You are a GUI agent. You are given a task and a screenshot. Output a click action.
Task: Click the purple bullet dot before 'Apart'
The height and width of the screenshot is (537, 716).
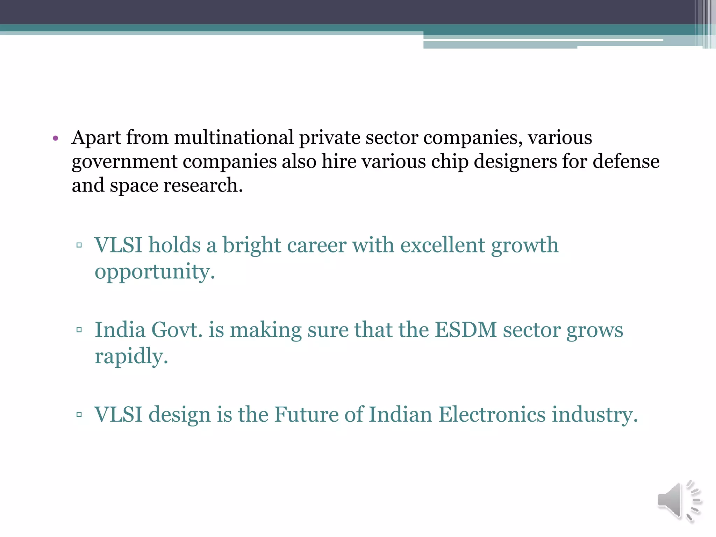[55, 138]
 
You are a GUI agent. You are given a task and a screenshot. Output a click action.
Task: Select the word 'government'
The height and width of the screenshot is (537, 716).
[124, 162]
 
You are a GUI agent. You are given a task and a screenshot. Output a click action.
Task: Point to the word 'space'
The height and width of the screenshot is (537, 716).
[134, 186]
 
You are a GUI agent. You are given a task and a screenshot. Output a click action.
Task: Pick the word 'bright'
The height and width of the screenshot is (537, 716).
[252, 245]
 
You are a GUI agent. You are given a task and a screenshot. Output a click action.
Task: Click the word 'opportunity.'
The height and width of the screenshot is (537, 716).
[155, 272]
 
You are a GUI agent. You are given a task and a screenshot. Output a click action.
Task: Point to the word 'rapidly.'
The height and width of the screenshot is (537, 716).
[131, 357]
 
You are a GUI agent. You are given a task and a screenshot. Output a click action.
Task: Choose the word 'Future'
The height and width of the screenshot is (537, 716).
[306, 415]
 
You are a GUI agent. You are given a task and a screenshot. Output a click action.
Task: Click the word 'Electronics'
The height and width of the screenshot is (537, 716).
[492, 415]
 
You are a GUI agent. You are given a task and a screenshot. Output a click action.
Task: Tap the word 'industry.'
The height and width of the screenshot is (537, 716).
[595, 415]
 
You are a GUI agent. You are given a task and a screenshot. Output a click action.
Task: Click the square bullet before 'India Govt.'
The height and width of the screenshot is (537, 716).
[79, 330]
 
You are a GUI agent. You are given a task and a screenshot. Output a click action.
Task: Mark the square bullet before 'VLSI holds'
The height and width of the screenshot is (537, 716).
[79, 245]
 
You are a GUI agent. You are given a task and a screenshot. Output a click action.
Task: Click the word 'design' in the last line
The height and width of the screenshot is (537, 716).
[180, 415]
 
